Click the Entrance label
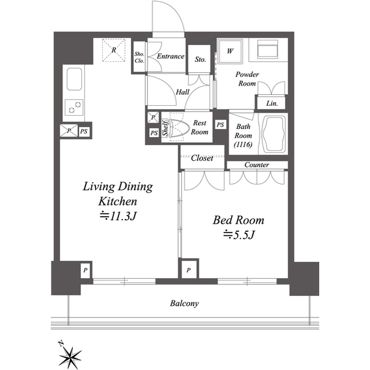171,56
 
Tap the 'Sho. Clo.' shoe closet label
139,57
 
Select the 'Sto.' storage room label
201,59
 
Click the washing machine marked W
230,51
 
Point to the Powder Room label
247,79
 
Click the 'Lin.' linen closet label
272,103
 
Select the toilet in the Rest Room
179,127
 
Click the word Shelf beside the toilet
165,128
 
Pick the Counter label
257,164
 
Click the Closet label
202,158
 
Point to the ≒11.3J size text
118,216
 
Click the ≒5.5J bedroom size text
239,235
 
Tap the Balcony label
184,303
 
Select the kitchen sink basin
75,79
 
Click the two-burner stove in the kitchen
74,108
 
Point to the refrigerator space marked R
114,50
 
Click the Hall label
183,92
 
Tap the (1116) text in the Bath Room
243,144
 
